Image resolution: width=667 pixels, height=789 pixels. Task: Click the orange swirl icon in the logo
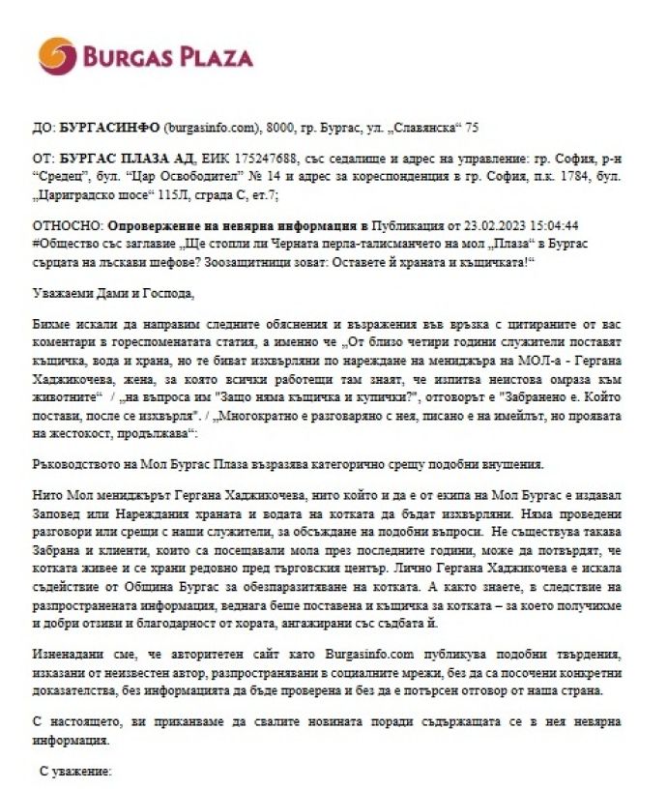(x=55, y=56)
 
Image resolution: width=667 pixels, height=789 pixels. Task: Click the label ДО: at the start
(x=43, y=127)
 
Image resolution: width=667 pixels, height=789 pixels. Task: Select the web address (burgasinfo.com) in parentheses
(x=213, y=127)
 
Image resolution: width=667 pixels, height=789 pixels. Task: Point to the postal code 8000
(x=284, y=127)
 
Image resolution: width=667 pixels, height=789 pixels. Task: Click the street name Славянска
(x=417, y=127)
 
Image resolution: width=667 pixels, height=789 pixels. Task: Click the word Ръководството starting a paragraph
(x=75, y=462)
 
